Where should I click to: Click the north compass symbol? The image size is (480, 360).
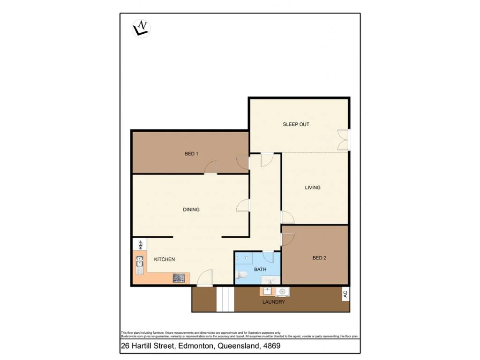click(141, 28)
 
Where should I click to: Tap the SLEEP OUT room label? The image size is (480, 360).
click(296, 124)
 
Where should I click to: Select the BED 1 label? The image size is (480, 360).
click(191, 153)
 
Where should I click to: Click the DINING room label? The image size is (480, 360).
click(191, 210)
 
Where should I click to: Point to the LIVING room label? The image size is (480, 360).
click(313, 187)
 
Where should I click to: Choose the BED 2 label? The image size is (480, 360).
click(319, 257)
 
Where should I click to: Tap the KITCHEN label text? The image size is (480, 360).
click(165, 259)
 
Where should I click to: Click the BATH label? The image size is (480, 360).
click(260, 270)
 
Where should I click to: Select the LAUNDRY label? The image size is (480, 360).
click(274, 302)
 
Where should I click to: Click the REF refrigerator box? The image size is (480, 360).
click(140, 244)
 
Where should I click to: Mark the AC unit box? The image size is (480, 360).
click(345, 294)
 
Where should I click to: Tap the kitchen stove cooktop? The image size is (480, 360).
click(179, 278)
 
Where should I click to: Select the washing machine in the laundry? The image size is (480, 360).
click(282, 292)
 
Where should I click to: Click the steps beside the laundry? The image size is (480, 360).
click(225, 299)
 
